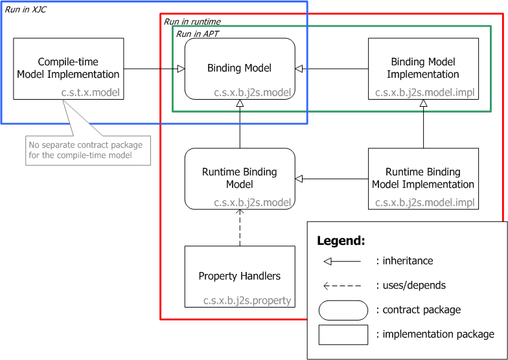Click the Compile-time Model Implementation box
tap(68, 68)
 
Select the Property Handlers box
tap(240, 276)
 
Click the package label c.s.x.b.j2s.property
tap(248, 300)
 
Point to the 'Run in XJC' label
tap(26, 10)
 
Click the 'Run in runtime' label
tap(192, 21)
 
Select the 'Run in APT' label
tap(198, 33)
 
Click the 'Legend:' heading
tap(341, 241)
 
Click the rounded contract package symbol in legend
tap(343, 310)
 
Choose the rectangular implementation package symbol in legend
tap(343, 334)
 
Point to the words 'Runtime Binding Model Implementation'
tap(422, 178)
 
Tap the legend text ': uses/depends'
tap(411, 285)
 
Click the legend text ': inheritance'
tap(404, 261)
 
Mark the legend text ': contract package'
tap(419, 310)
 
